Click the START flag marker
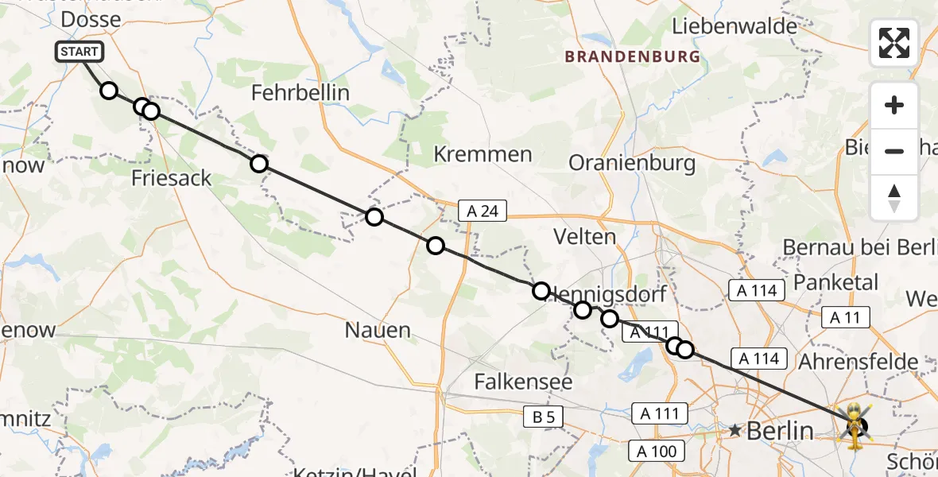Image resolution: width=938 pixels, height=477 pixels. [79, 52]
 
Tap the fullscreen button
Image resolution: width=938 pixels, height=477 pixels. [894, 43]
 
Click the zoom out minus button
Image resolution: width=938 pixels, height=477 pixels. [894, 151]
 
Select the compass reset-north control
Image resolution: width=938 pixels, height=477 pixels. [894, 198]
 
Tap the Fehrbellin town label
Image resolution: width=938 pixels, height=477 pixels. [300, 93]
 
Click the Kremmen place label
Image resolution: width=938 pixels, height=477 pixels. [483, 154]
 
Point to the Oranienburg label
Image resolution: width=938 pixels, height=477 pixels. [632, 164]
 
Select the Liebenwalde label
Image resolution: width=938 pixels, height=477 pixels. [735, 26]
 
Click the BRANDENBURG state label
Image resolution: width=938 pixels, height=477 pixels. [633, 57]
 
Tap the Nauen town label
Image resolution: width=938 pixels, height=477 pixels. [378, 329]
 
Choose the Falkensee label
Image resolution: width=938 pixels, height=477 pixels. [523, 382]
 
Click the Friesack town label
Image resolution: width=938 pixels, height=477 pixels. [172, 177]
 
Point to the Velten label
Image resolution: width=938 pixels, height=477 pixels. [586, 236]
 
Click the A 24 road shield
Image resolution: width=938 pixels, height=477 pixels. [483, 211]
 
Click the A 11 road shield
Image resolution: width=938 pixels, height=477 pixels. [846, 318]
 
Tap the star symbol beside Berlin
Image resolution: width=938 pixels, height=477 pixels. [735, 431]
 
